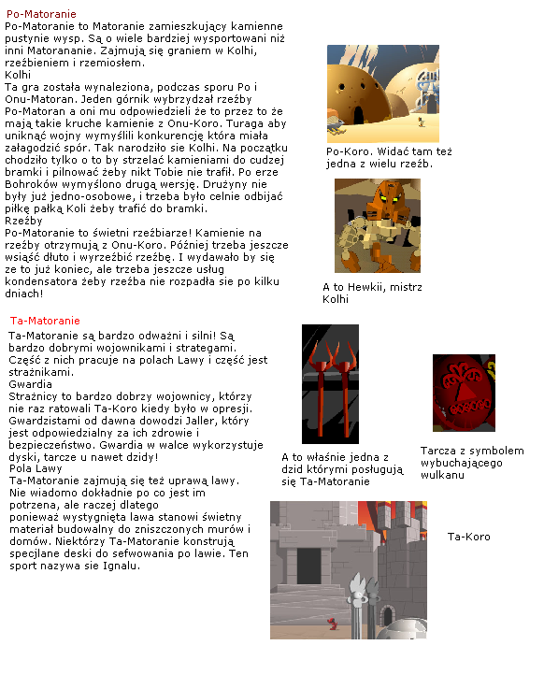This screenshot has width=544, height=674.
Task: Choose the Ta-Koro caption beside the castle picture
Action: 468,537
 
